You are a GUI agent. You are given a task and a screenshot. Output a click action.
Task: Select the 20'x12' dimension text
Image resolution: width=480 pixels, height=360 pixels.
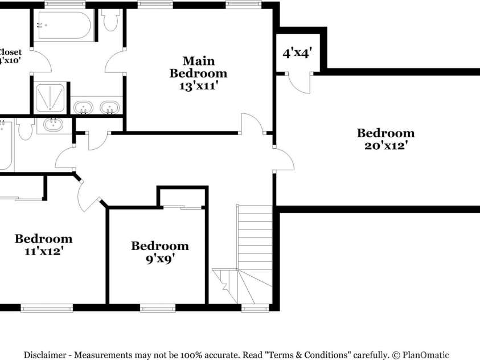point(385,145)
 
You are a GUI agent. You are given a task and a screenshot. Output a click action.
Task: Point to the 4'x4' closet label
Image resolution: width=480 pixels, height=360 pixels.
point(297,53)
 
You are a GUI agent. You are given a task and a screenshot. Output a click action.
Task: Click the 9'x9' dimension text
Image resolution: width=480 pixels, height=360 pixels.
point(159,258)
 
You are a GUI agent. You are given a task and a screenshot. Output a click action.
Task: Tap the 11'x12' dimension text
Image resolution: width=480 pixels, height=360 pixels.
point(43,251)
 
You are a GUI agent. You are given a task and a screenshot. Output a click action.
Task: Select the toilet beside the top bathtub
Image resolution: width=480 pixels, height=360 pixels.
point(110,19)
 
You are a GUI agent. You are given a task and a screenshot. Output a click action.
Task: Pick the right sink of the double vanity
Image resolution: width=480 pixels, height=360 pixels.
point(109,107)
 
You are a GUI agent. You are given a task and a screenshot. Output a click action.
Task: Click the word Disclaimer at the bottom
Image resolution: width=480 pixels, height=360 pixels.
point(45,354)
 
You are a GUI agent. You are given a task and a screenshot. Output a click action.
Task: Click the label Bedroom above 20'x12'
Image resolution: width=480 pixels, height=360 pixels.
point(385,133)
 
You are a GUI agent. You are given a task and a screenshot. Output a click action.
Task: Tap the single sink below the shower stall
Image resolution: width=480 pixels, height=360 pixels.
point(54,124)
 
